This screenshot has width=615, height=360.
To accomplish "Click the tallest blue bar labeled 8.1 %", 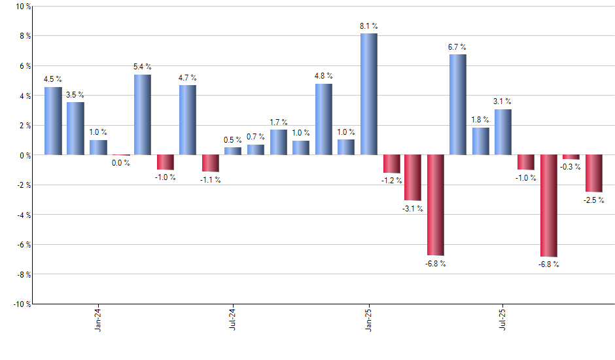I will click(368, 94).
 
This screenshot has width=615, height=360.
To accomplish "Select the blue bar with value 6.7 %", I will click(458, 105).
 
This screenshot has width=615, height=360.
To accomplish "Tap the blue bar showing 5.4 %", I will click(143, 115).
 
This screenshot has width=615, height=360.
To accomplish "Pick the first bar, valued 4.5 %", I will click(53, 121).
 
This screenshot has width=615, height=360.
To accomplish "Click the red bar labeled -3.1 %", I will click(413, 177).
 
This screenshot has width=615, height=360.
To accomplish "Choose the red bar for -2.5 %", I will click(593, 173).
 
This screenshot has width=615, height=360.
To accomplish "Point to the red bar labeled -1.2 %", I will click(391, 164).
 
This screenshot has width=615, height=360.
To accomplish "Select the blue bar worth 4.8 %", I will click(323, 119).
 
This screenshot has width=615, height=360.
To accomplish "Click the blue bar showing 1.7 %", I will click(278, 142).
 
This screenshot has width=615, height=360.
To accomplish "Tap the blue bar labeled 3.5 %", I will click(75, 128).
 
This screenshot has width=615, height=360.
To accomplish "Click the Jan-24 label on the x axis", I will click(98, 320).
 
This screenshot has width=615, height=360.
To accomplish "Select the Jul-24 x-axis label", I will click(233, 320).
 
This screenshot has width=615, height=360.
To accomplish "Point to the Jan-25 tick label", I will click(368, 320).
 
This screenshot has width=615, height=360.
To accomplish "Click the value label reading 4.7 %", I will click(187, 78).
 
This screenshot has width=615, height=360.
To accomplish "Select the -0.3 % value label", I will click(571, 167).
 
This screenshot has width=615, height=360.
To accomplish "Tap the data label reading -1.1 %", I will click(211, 179).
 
